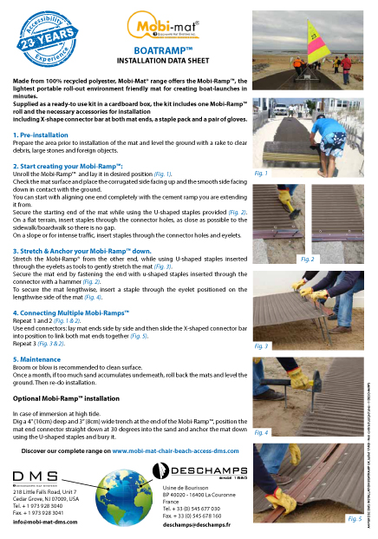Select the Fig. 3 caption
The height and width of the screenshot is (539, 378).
[308, 345]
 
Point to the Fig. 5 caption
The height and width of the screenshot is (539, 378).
[354, 518]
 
